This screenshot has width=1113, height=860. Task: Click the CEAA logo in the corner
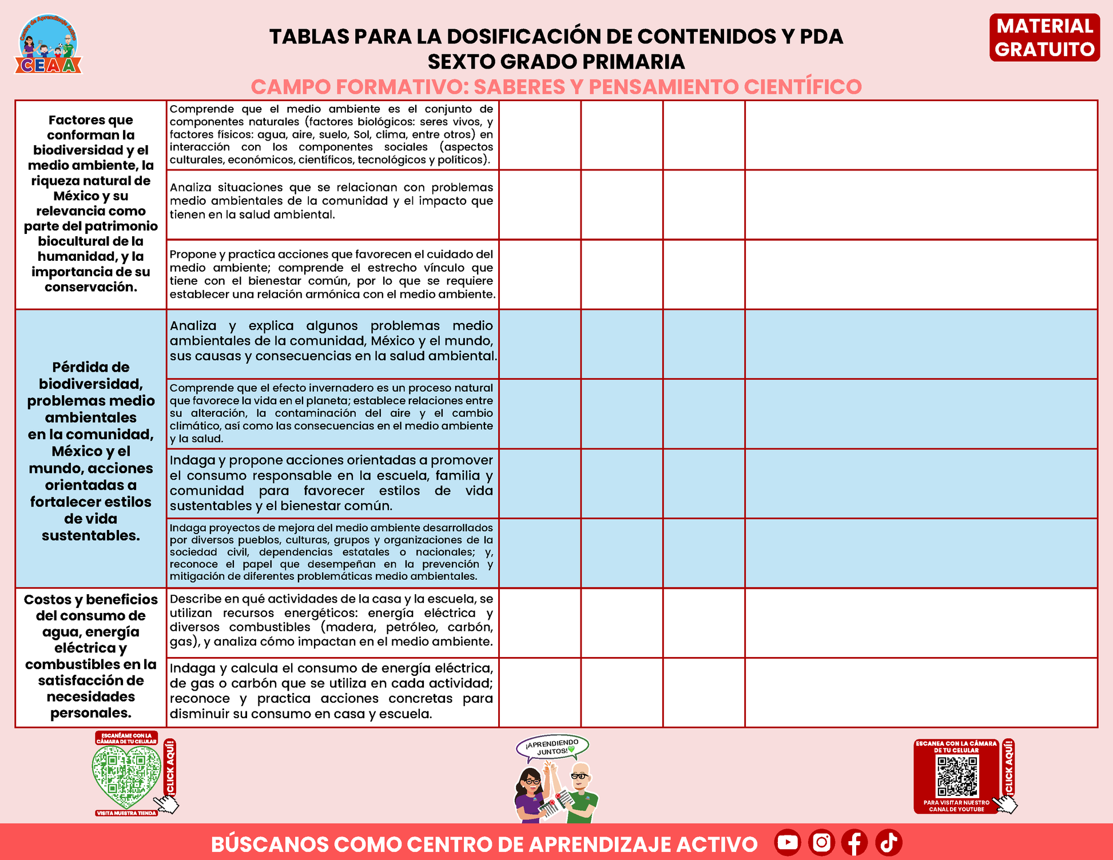[49, 45]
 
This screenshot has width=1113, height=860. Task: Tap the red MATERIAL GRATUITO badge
[1044, 38]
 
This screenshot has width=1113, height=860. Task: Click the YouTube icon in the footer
[788, 842]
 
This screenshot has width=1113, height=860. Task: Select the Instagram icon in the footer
[821, 842]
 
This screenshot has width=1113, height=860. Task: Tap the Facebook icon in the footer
[854, 842]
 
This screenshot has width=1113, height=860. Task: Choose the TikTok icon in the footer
[888, 842]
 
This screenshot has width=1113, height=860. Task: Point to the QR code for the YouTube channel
[957, 777]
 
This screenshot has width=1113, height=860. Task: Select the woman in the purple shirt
[531, 795]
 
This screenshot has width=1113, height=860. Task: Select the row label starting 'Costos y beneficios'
[91, 656]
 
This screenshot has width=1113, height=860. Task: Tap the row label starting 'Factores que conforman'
[91, 204]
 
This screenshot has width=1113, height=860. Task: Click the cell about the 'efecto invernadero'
[332, 413]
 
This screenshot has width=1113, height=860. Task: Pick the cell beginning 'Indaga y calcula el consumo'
[332, 691]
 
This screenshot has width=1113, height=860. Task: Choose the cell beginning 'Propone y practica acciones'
[332, 274]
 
